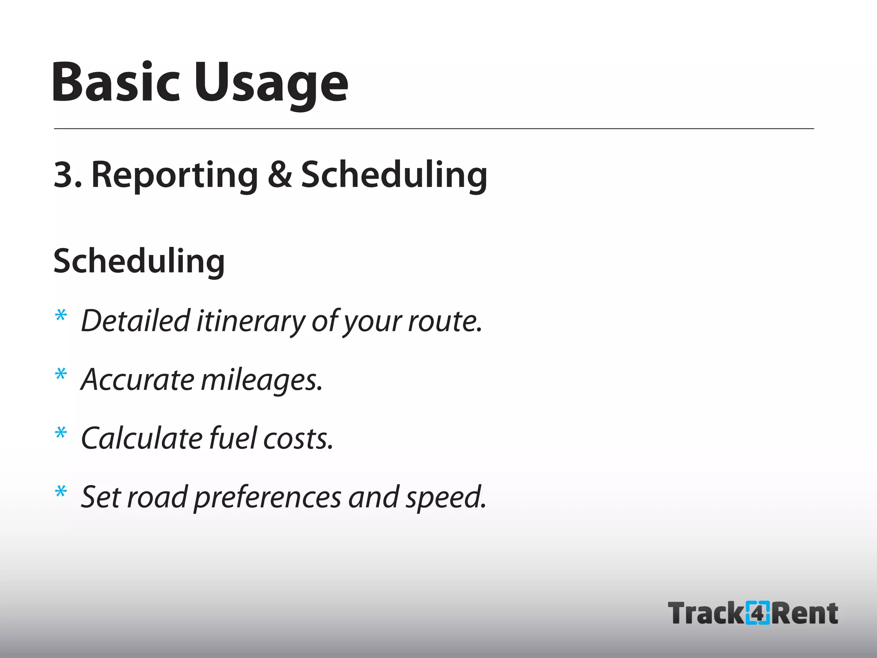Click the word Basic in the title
[116, 82]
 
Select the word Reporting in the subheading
[175, 176]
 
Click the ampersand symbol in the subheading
[280, 175]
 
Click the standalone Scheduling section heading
[139, 261]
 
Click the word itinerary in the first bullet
[251, 321]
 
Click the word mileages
[261, 380]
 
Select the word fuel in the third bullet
[233, 439]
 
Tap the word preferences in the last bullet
[268, 498]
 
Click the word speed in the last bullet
[445, 498]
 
